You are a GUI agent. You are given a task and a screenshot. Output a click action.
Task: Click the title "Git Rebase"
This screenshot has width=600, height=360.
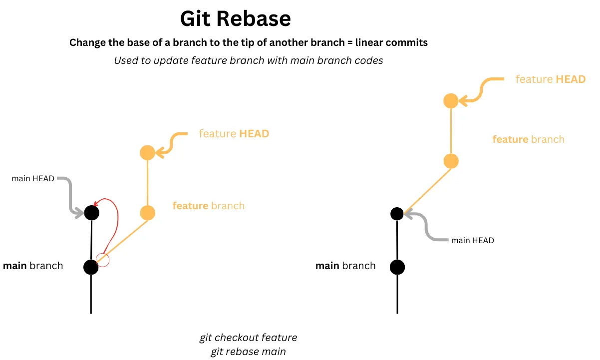click(x=235, y=19)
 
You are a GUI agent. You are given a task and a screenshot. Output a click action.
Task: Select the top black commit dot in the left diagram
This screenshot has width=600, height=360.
click(x=92, y=213)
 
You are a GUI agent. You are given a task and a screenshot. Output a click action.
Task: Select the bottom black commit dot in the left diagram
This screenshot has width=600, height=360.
click(x=91, y=267)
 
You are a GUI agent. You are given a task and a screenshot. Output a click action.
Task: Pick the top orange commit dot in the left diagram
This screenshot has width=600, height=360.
click(x=147, y=153)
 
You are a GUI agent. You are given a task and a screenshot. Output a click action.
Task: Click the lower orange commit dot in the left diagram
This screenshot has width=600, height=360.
click(x=147, y=213)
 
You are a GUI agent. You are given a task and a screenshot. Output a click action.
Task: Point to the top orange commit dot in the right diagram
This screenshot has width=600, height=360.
click(x=451, y=101)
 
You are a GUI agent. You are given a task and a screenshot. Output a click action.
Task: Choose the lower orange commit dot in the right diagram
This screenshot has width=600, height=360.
click(x=451, y=161)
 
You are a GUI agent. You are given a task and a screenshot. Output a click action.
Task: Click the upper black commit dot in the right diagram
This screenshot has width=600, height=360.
click(x=397, y=214)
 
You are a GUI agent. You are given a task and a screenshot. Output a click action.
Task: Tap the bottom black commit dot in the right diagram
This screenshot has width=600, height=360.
click(x=397, y=267)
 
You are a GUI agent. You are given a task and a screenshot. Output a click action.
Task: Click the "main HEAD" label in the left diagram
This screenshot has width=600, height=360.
click(x=33, y=179)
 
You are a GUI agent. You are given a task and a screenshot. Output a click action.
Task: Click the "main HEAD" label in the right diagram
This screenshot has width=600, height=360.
click(x=472, y=241)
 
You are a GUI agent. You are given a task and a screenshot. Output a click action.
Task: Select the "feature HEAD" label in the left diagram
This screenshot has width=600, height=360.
click(x=234, y=134)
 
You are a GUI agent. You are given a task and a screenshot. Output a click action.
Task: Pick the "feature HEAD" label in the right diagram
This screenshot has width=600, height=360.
click(x=550, y=79)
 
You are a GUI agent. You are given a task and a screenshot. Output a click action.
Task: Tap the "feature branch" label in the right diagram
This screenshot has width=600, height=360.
click(x=528, y=139)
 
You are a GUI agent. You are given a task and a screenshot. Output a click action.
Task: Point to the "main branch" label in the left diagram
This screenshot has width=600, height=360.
click(x=33, y=266)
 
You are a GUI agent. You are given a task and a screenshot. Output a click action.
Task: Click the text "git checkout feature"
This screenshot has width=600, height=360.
click(x=248, y=338)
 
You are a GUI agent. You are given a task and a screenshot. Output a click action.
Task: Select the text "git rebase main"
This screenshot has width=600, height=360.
click(x=248, y=352)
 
